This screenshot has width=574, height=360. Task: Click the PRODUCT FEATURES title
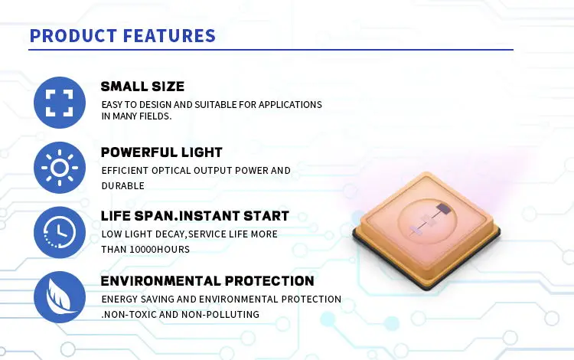pyautogui.click(x=122, y=36)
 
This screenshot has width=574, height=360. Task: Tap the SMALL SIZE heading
pyautogui.click(x=142, y=86)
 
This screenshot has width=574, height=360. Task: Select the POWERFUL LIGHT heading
pyautogui.click(x=161, y=152)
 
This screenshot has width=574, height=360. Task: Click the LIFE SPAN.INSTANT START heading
pyautogui.click(x=195, y=216)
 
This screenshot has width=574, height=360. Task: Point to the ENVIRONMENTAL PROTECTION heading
pyautogui.click(x=207, y=281)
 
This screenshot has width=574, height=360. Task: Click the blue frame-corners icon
pyautogui.click(x=60, y=102)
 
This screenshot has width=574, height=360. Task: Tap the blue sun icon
pyautogui.click(x=60, y=167)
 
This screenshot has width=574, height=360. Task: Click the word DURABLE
pyautogui.click(x=122, y=185)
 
